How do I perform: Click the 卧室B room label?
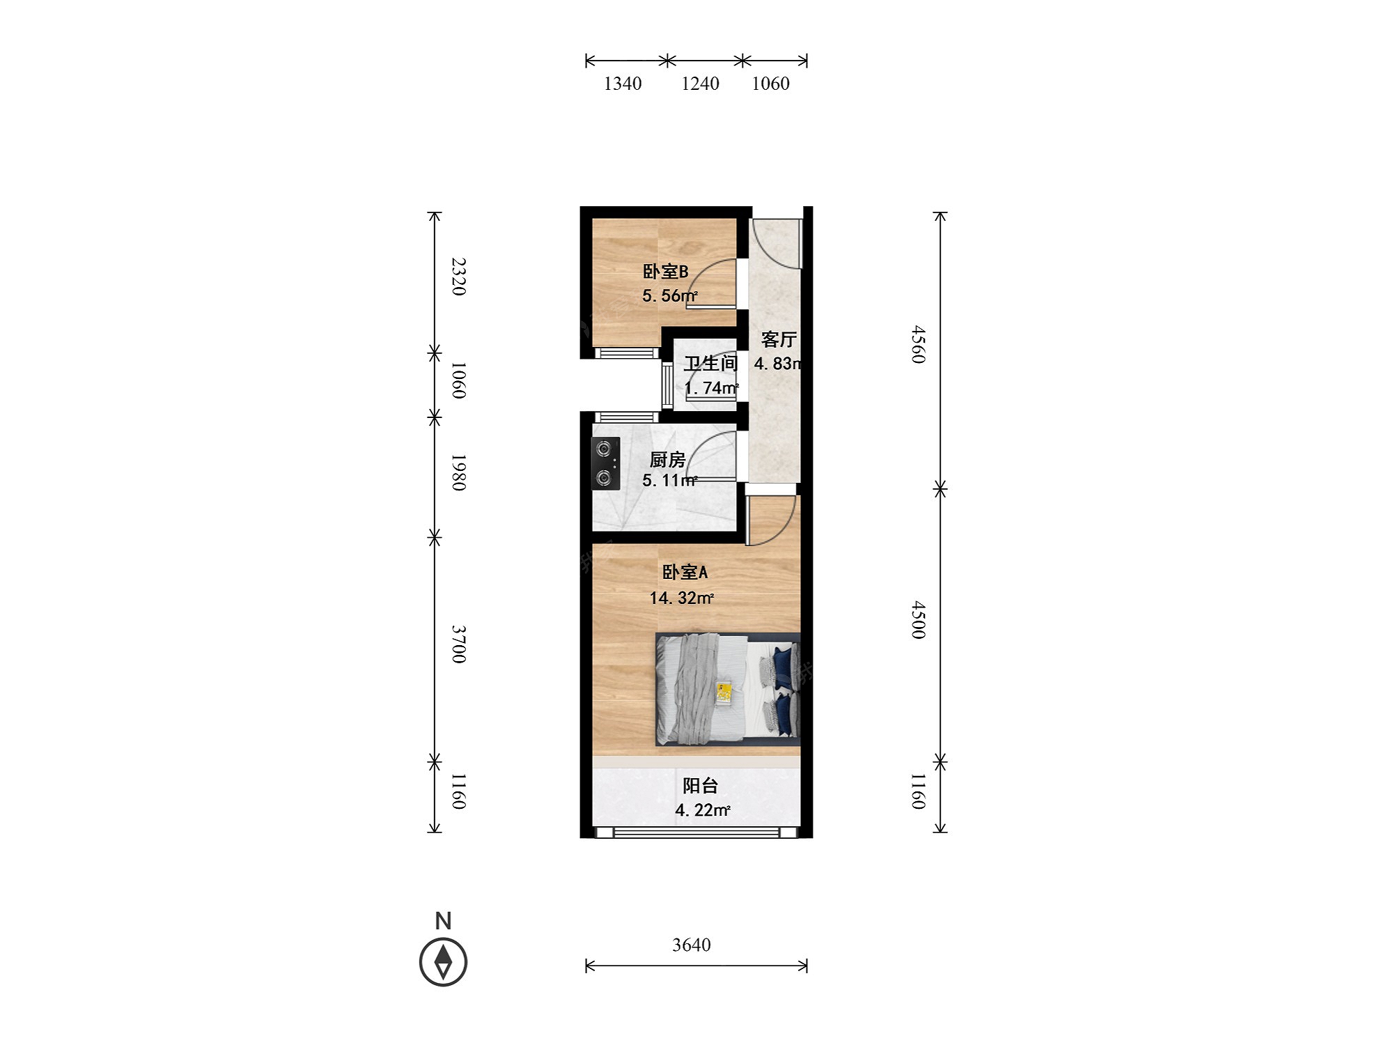[x=665, y=271]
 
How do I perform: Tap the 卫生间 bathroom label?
[x=710, y=363]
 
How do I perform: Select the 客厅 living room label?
[x=779, y=339]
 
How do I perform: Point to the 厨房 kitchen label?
[x=667, y=460]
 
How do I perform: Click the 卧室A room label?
[x=685, y=572]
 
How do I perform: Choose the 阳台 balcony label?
[x=700, y=786]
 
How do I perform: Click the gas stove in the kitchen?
[x=605, y=463]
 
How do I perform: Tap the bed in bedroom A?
[x=727, y=689]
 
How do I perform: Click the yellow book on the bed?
[x=724, y=693]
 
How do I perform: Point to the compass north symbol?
[x=443, y=962]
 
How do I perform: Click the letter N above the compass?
[x=443, y=921]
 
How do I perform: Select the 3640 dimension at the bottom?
[x=692, y=945]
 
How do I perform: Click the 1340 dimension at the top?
[x=623, y=84]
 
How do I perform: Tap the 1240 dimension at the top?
[x=700, y=84]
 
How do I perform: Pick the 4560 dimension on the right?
[x=919, y=344]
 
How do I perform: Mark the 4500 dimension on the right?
[x=919, y=620]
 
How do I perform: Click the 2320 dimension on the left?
[x=458, y=277]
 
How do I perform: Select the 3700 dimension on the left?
[x=458, y=644]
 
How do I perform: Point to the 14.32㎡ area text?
[x=682, y=598]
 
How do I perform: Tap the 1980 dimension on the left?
[x=458, y=472]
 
